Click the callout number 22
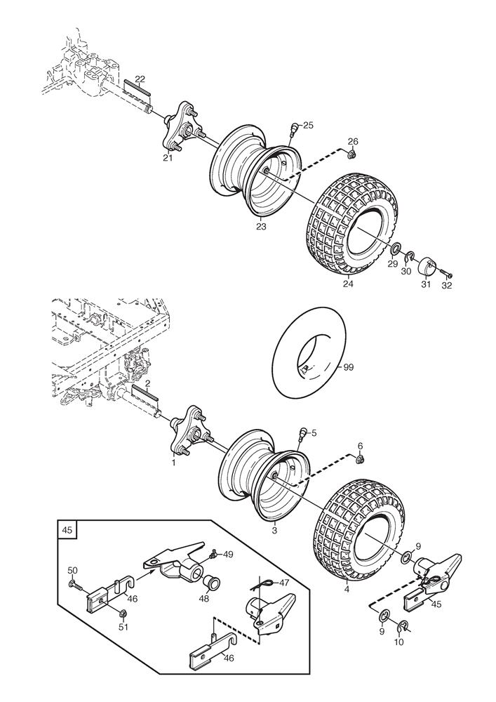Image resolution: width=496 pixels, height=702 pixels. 140,78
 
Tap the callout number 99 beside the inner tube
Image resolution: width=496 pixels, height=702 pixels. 349,367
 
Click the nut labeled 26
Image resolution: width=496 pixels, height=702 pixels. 353,153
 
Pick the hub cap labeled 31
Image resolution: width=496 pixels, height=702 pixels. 427,267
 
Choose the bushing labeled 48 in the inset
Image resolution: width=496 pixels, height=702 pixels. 210,583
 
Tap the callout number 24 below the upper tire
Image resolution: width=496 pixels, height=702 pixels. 347,285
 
